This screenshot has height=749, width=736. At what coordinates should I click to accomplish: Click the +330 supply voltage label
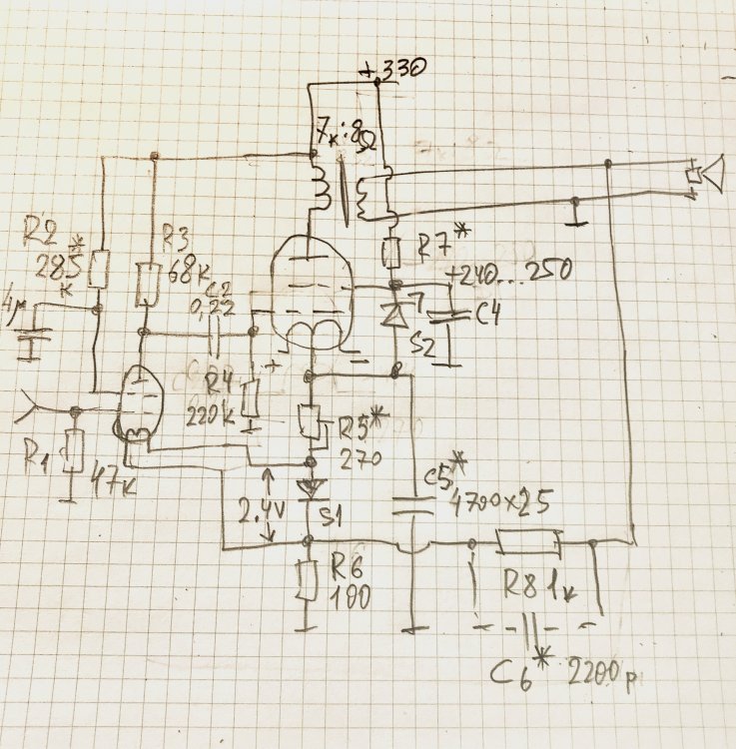pyautogui.click(x=396, y=69)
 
